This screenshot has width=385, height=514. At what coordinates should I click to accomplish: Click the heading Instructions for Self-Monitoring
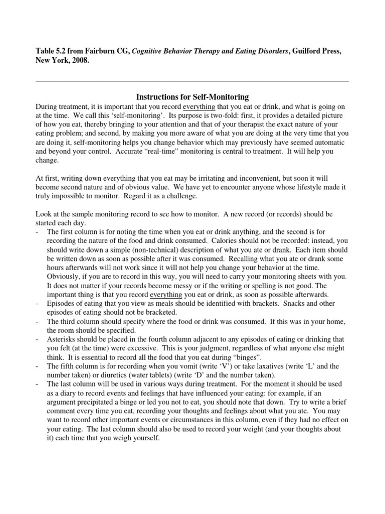pos(192,96)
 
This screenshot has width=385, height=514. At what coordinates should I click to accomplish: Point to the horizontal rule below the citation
pos(192,80)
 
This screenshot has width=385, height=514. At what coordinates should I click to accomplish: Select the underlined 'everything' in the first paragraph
pos(199,107)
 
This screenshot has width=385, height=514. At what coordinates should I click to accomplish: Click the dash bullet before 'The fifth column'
pos(38,366)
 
